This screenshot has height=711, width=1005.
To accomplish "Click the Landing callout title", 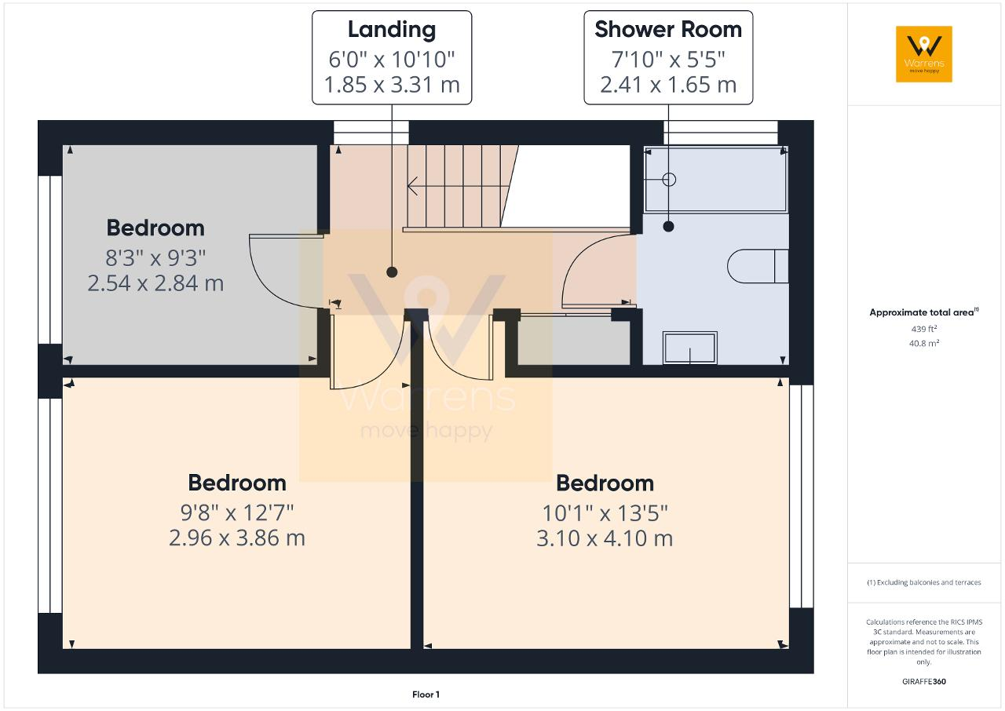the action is tap(392, 30).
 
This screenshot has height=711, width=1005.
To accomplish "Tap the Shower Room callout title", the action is tap(668, 30).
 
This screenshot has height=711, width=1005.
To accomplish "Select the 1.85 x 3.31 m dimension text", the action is tap(392, 85).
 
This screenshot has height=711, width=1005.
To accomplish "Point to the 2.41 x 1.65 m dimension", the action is tap(668, 85).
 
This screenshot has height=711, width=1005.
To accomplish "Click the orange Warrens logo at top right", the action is tap(924, 54).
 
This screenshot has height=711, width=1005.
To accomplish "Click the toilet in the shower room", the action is tap(758, 266).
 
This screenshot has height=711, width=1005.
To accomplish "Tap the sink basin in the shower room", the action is tap(689, 348).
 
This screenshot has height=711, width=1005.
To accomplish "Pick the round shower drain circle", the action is tap(669, 180).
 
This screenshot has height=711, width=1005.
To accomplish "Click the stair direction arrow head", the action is tap(412, 185).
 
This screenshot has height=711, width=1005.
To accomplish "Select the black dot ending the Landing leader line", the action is tap(392, 272).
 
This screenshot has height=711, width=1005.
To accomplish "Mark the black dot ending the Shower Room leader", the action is tap(668, 227).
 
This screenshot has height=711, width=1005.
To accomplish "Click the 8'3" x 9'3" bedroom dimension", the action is tap(155, 258).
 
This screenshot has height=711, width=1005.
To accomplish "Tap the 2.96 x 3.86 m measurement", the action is tap(237, 538).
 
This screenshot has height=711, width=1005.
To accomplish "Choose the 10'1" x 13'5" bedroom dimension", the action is tap(605, 513).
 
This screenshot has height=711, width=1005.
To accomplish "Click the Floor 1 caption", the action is tap(426, 695).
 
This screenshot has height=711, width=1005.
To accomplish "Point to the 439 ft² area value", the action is tap(924, 329).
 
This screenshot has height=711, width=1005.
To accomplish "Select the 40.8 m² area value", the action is tap(924, 344).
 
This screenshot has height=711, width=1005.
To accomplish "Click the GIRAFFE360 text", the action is tap(924, 681).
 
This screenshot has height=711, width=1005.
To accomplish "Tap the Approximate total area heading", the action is tap(924, 312).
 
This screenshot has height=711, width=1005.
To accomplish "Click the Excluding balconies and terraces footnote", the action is tap(924, 582).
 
